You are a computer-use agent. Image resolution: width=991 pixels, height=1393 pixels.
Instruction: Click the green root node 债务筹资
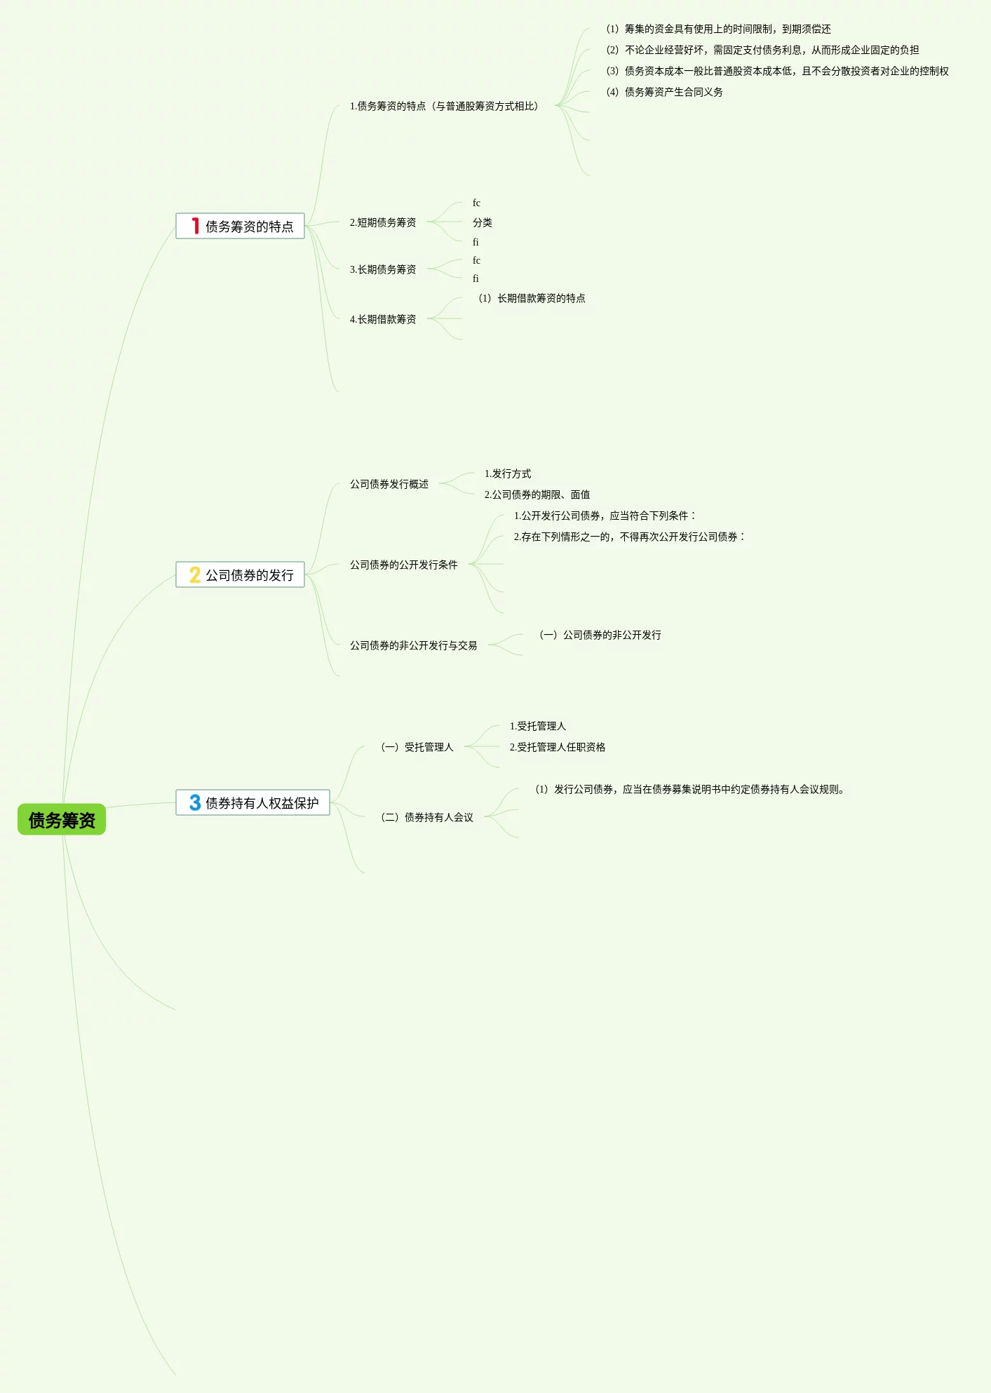coord(62,819)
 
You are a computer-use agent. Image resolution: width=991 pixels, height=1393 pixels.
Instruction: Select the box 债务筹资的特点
coord(240,226)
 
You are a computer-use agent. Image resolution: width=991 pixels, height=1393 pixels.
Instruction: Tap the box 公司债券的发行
coord(240,574)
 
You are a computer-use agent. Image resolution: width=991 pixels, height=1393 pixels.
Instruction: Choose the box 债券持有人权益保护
coord(252,802)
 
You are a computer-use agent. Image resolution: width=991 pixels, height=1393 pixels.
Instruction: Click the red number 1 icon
coord(196,226)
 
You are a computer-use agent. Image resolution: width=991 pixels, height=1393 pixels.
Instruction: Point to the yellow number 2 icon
coord(195,574)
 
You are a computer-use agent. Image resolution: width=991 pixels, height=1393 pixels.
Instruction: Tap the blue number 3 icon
coord(195,802)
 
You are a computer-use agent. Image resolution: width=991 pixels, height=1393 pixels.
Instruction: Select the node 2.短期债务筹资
coord(383,222)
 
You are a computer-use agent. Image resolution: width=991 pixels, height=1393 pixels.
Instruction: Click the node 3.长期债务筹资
coord(383,269)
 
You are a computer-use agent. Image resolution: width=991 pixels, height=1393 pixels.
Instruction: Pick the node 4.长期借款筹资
coord(383,319)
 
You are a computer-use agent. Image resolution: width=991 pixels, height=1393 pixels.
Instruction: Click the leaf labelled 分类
coord(483,222)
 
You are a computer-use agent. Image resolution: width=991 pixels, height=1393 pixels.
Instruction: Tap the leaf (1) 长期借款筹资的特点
coord(532,298)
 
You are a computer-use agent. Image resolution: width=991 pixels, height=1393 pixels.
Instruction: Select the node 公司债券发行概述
coord(389,484)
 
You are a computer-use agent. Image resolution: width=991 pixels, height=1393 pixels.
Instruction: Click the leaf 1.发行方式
coord(508,474)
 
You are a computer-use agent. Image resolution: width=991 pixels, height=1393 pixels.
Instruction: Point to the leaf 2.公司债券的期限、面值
coord(537,494)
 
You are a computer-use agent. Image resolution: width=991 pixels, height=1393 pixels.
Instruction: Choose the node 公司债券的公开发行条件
coord(404,565)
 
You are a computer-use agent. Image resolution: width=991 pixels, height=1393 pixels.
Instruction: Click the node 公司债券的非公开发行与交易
coord(414,645)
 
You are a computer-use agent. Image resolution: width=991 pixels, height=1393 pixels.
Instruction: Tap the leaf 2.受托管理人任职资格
coord(558,747)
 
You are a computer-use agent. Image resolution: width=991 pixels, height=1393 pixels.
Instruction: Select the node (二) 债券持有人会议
coord(427,817)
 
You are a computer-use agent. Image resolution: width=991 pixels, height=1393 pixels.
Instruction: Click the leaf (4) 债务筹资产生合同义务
coord(664,92)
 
